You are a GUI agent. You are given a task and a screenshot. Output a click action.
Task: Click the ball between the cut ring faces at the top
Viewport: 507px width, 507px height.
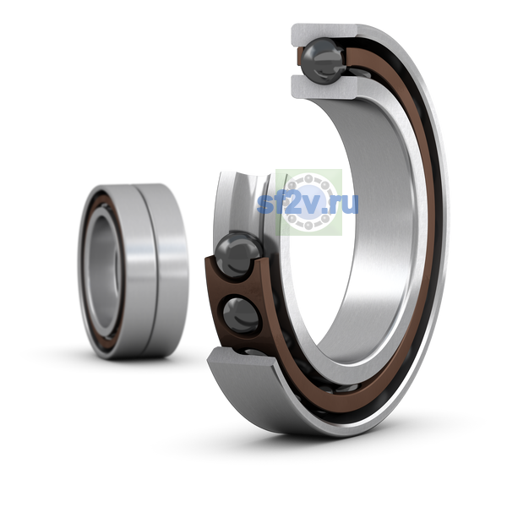click(323, 61)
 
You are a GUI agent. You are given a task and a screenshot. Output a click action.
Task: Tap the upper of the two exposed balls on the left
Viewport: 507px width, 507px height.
click(239, 254)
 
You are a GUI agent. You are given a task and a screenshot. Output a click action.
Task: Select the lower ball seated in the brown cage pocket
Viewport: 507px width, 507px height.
click(241, 315)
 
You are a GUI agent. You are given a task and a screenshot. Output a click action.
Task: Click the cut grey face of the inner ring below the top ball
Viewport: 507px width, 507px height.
click(324, 87)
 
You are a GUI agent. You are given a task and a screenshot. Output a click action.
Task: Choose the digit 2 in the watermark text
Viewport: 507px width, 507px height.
click(292, 204)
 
